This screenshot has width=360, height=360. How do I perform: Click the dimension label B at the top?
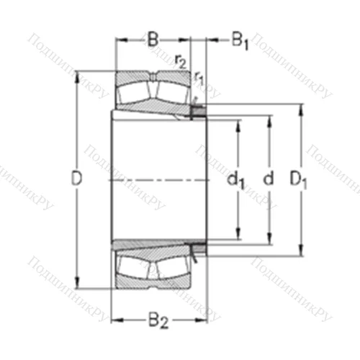point(153,40)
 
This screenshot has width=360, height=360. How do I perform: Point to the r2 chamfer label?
point(180,62)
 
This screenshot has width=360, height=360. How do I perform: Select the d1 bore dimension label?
point(236,180)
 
